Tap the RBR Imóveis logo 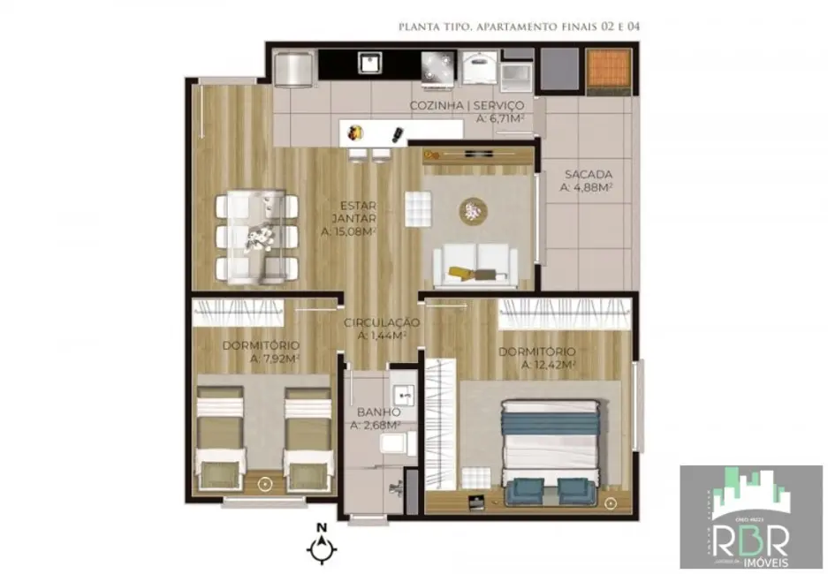click(750, 517)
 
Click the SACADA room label click(585, 175)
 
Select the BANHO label click(379, 412)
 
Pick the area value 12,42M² click(549, 364)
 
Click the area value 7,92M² click(275, 358)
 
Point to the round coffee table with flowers click(474, 211)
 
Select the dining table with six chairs click(257, 237)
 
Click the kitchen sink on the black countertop click(367, 62)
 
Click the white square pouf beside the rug click(416, 208)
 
